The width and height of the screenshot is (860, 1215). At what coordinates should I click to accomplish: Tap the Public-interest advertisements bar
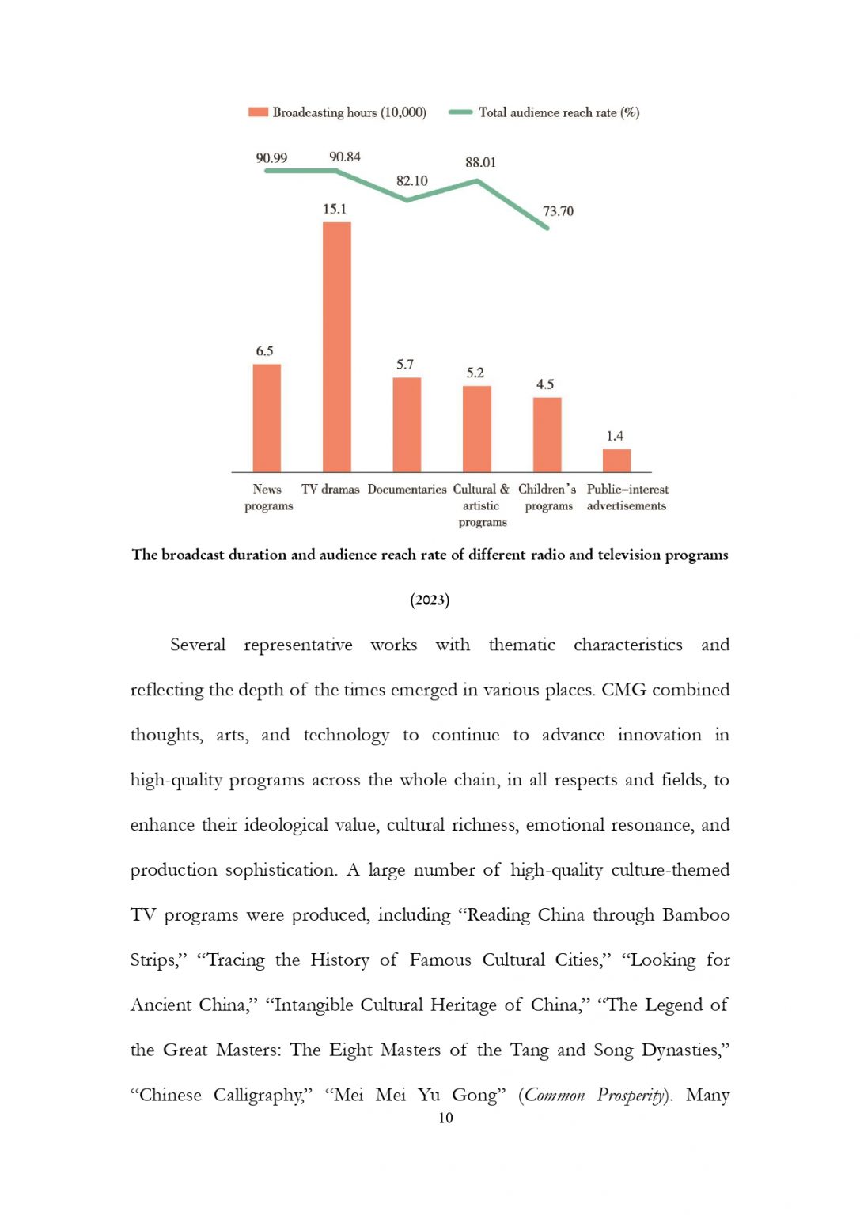[616, 460]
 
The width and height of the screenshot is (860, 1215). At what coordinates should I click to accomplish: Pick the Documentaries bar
[407, 425]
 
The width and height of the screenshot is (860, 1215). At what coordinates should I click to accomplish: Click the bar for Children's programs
[547, 434]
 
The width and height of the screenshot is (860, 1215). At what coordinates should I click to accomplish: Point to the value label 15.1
[335, 209]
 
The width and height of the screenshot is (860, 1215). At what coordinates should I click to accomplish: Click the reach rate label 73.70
[558, 211]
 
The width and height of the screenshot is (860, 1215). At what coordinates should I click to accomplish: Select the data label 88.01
[480, 162]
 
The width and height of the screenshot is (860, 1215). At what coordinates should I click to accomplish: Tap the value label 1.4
[615, 436]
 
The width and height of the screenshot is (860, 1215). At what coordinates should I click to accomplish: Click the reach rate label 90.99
[271, 158]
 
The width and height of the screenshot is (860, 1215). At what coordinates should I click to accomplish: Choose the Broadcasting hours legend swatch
[258, 112]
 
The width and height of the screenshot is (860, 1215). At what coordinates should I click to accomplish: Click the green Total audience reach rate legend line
[460, 112]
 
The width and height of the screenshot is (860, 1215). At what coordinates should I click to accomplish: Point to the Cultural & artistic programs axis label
[482, 505]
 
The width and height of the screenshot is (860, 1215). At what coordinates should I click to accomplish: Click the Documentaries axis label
[407, 490]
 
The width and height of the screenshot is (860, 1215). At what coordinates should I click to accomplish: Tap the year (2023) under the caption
[430, 600]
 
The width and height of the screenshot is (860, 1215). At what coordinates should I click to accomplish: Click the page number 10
[445, 1118]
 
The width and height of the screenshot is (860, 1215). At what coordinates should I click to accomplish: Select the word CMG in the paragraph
[623, 690]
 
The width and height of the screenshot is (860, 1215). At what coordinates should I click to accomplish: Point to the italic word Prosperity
[631, 1096]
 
